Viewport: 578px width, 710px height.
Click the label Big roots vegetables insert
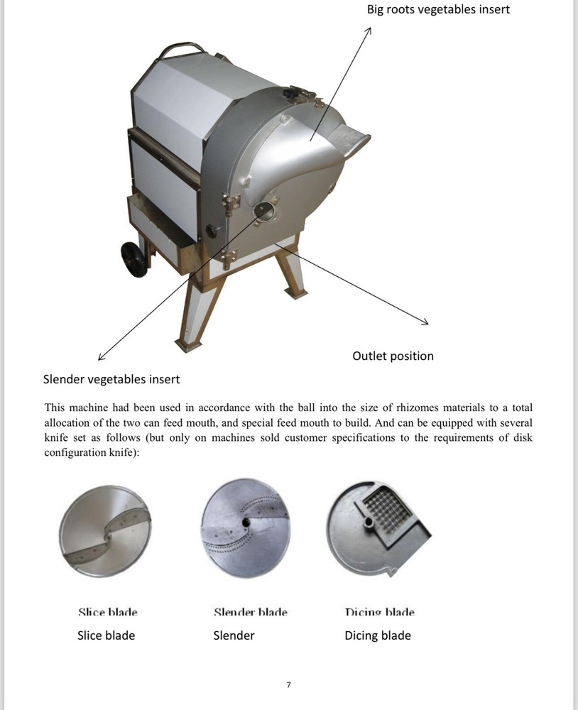pyautogui.click(x=438, y=9)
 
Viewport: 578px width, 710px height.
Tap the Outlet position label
pyautogui.click(x=393, y=356)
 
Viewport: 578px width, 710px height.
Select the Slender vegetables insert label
pyautogui.click(x=111, y=378)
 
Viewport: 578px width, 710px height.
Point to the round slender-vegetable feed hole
pyautogui.click(x=263, y=210)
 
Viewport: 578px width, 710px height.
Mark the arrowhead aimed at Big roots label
pyautogui.click(x=369, y=31)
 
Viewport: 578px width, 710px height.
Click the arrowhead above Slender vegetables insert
pyautogui.click(x=101, y=357)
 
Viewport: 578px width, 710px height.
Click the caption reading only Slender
pyautogui.click(x=234, y=635)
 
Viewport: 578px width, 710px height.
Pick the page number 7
pyautogui.click(x=288, y=685)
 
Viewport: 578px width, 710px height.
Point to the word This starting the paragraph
pyautogui.click(x=56, y=408)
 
